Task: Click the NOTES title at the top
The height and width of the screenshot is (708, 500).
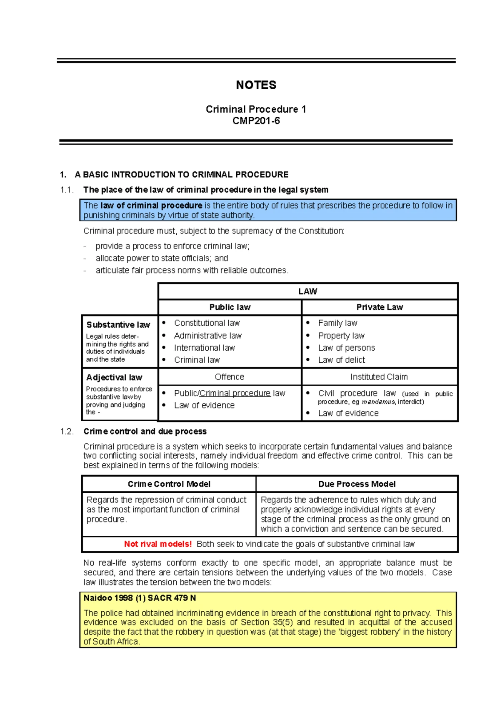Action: (x=256, y=85)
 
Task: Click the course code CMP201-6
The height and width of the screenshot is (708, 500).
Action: (x=256, y=121)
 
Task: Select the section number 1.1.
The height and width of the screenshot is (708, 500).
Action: (x=67, y=190)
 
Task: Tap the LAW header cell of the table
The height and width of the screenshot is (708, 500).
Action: (x=307, y=291)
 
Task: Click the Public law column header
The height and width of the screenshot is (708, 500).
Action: (x=230, y=307)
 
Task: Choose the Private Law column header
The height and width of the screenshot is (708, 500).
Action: (x=379, y=307)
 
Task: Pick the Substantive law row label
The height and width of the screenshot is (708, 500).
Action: (x=118, y=325)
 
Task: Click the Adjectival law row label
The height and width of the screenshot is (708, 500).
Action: (x=114, y=377)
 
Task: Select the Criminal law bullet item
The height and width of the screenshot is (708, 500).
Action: (x=197, y=360)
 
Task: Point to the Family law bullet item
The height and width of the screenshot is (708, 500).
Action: (x=337, y=323)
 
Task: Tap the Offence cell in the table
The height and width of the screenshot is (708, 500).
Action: (x=230, y=377)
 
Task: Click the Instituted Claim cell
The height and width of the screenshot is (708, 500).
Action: (x=379, y=377)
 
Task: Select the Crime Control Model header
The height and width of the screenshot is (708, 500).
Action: (x=169, y=484)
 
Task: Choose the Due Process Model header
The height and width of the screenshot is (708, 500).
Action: (x=357, y=484)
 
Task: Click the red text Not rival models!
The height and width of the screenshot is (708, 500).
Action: (x=157, y=544)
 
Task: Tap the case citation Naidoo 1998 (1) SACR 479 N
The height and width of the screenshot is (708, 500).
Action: (x=140, y=598)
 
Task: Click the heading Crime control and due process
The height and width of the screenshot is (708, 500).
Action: (x=145, y=432)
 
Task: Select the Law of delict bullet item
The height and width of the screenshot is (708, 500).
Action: (x=341, y=360)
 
